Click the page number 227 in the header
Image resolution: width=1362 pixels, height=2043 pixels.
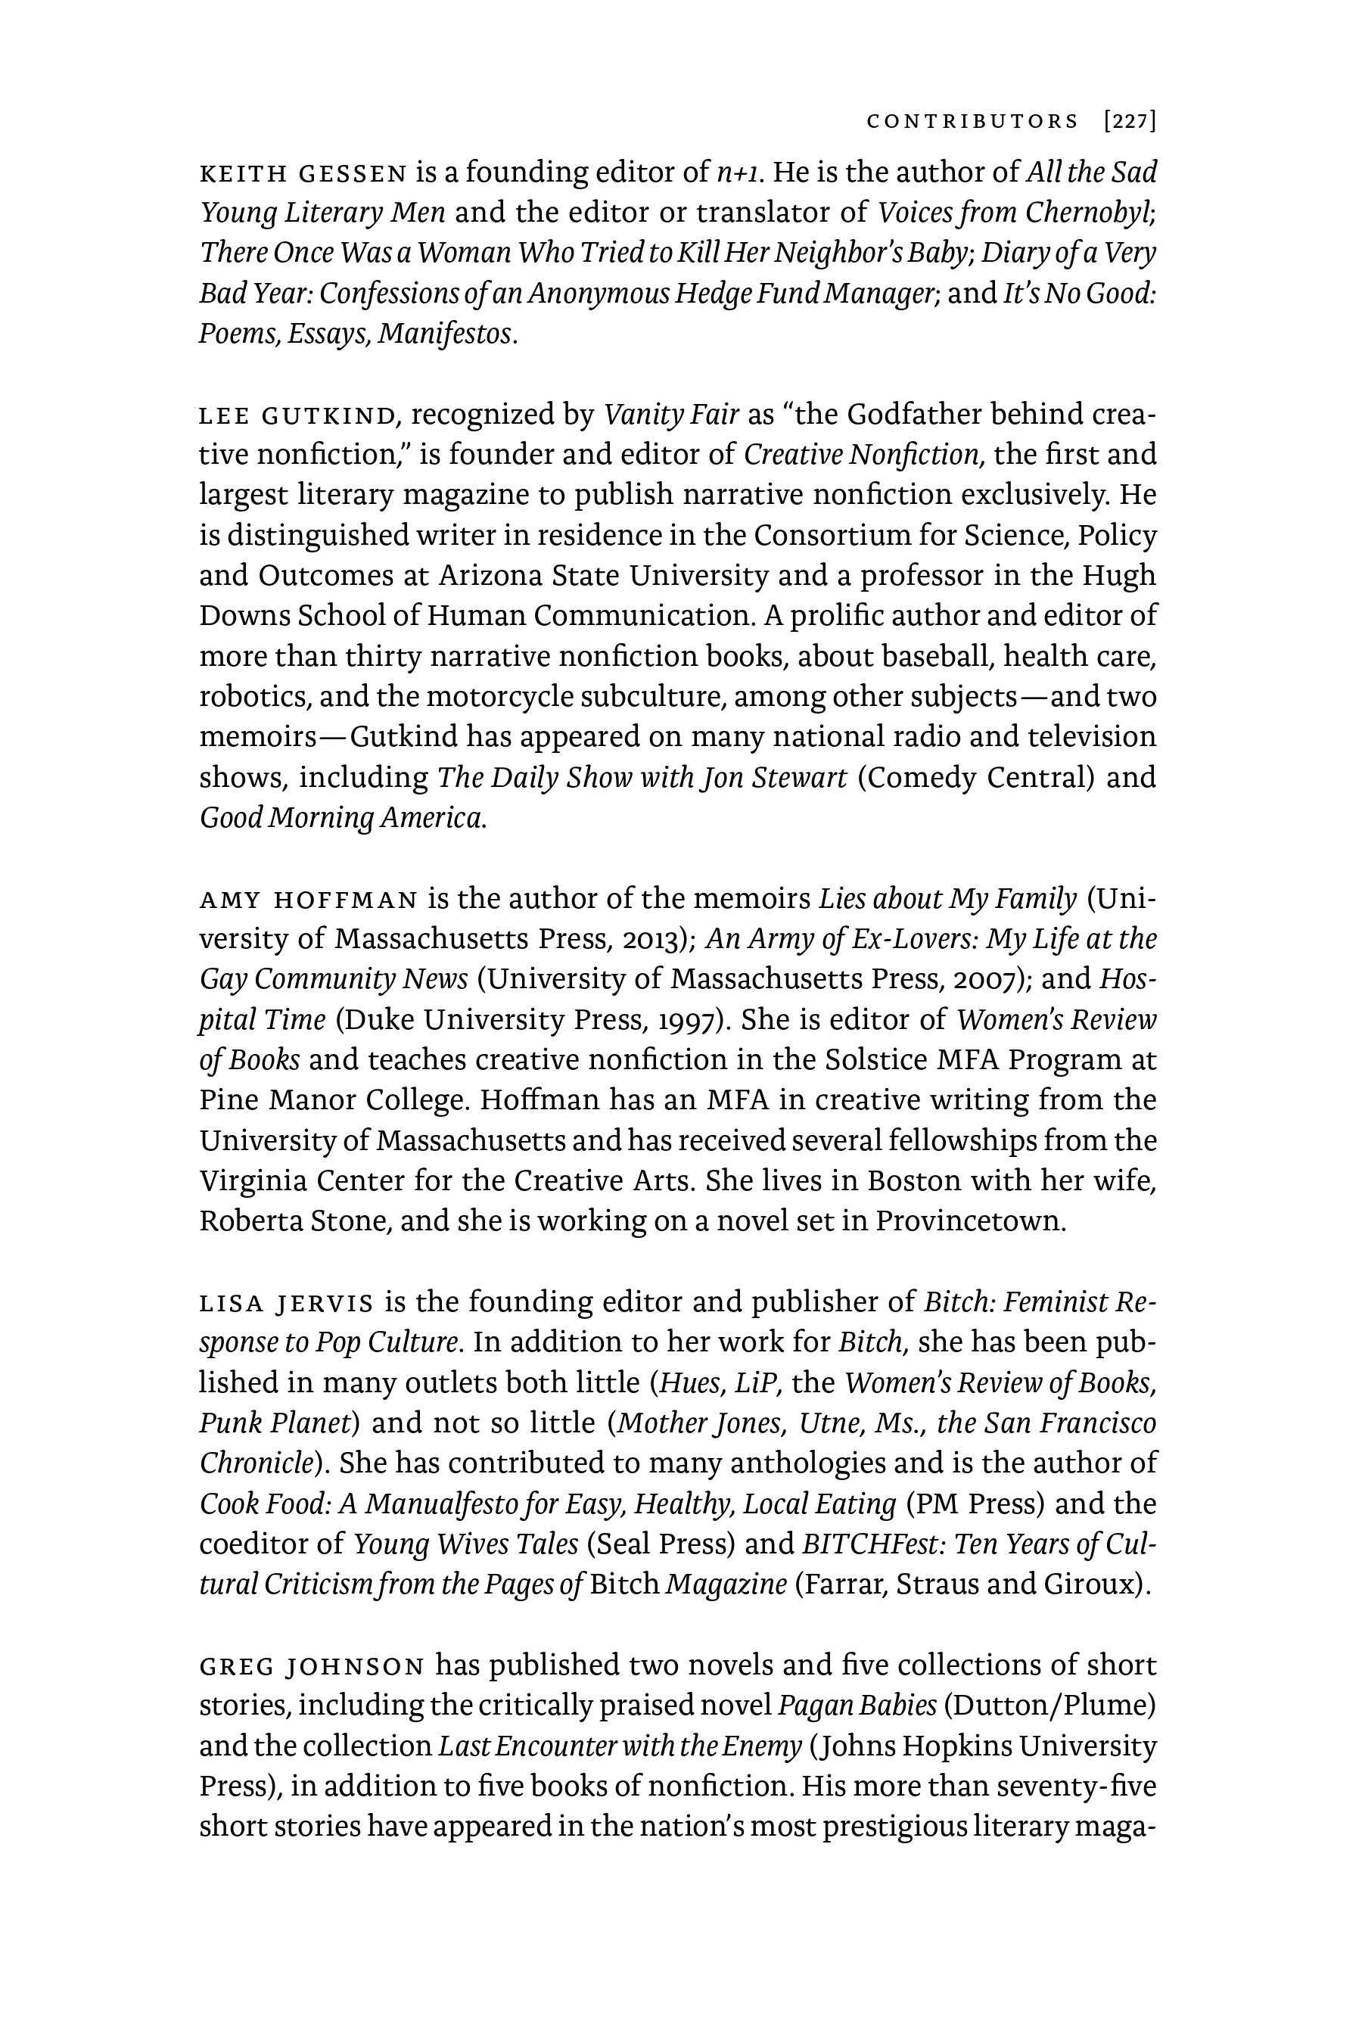[1130, 122]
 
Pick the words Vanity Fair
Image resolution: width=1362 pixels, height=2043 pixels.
[670, 416]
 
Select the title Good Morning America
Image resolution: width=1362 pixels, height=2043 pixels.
[342, 818]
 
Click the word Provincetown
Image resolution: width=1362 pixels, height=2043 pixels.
[969, 1222]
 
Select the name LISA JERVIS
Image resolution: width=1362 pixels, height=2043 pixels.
[287, 1304]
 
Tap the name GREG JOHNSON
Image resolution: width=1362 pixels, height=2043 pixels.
[312, 1667]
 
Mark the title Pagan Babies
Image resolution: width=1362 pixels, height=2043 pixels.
[857, 1707]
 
